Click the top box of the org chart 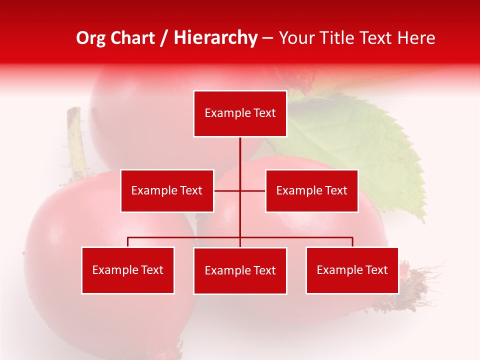click(240, 113)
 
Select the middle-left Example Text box click(167, 190)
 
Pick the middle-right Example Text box click(311, 190)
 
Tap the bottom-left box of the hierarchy click(127, 270)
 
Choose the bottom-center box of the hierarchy click(240, 270)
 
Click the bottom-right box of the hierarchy click(352, 270)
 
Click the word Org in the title click(89, 38)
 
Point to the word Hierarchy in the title click(215, 38)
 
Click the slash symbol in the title click(164, 38)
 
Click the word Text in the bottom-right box click(376, 270)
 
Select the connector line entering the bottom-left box click(128, 242)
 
